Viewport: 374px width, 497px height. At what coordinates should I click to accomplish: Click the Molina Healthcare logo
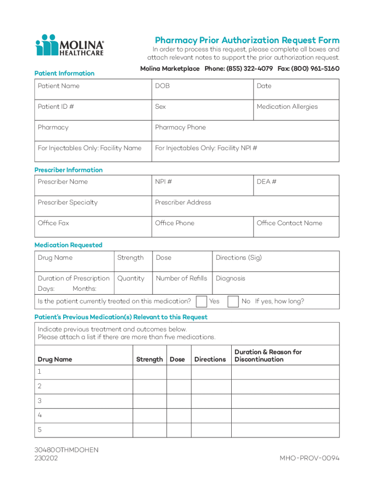pos(69,45)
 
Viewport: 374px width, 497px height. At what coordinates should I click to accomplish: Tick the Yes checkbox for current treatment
pos(201,301)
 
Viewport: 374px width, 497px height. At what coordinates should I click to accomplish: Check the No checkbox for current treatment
pos(233,301)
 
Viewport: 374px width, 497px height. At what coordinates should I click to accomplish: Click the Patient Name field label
pos(59,86)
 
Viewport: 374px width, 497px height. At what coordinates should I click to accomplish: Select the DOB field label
pos(162,86)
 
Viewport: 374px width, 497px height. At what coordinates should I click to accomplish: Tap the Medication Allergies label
pos(287,107)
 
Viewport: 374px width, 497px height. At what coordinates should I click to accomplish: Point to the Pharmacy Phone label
pos(180,128)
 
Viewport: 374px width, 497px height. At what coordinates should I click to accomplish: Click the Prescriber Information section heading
pos(68,170)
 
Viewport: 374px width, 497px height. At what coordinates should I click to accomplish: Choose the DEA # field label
pos(267,182)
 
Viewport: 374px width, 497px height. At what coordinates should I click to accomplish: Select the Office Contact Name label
pos(289,223)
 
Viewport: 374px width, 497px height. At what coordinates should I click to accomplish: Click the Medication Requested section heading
pos(68,245)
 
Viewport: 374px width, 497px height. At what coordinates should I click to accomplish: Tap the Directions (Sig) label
pos(238,258)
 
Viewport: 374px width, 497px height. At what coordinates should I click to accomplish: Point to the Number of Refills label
pos(181,278)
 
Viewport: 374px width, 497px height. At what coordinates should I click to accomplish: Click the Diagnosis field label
pos(230,278)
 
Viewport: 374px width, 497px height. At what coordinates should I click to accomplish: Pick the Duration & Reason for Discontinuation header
pos(268,356)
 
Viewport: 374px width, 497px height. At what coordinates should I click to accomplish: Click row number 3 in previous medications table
pos(40,401)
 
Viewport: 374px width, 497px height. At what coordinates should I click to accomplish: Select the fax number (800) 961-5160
pos(316,69)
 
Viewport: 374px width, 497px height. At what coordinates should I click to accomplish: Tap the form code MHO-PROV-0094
pos(309,458)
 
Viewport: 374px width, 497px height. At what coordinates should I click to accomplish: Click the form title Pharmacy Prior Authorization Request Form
pos(247,40)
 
